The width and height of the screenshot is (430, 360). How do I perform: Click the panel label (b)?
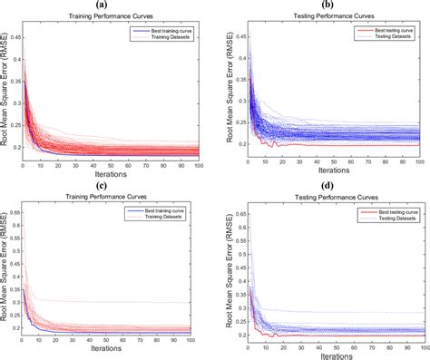327,5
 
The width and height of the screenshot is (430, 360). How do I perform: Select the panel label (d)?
327,187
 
